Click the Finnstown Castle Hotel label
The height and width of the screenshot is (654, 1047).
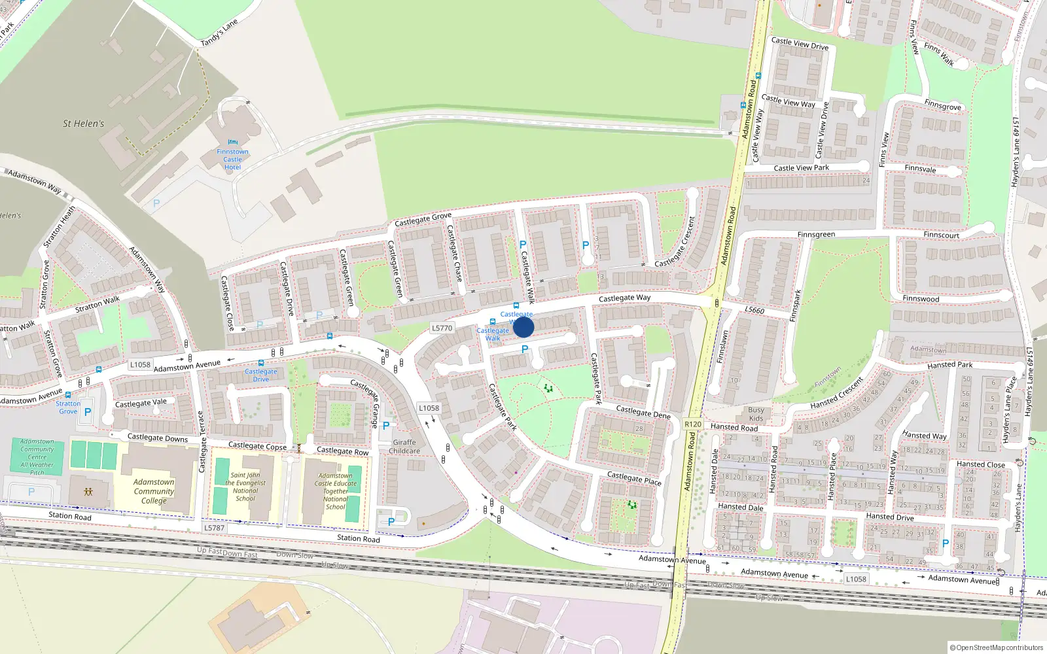point(232,159)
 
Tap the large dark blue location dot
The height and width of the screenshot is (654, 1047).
point(523,327)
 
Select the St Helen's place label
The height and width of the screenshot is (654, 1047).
point(83,124)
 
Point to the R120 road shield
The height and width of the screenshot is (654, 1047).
point(693,424)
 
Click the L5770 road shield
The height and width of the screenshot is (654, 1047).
point(442,328)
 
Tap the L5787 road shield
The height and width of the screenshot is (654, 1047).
point(214,528)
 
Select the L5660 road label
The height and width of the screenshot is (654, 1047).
point(754,310)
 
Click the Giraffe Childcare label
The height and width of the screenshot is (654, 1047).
point(404,446)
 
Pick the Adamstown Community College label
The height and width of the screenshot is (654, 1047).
point(154,491)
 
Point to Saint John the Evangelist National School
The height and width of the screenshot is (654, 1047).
point(245,487)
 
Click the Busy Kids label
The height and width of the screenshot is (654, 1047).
point(756,414)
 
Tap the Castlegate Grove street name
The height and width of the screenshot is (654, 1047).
point(423,220)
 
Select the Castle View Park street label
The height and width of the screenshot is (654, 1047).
point(801,168)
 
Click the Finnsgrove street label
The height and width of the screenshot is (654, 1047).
point(942,105)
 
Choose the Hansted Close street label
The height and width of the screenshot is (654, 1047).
point(980,464)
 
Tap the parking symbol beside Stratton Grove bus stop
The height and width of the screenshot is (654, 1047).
point(88,412)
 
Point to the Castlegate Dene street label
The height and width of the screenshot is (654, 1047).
point(643,412)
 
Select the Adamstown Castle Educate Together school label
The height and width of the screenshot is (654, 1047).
point(336,491)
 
